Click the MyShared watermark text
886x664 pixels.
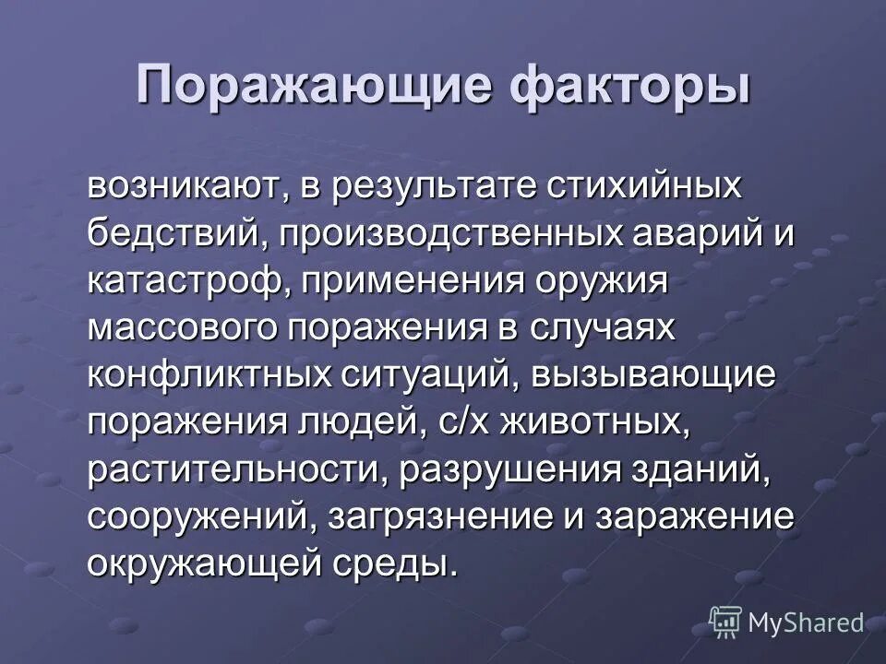tap(806, 623)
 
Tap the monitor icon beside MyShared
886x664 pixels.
tap(725, 622)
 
